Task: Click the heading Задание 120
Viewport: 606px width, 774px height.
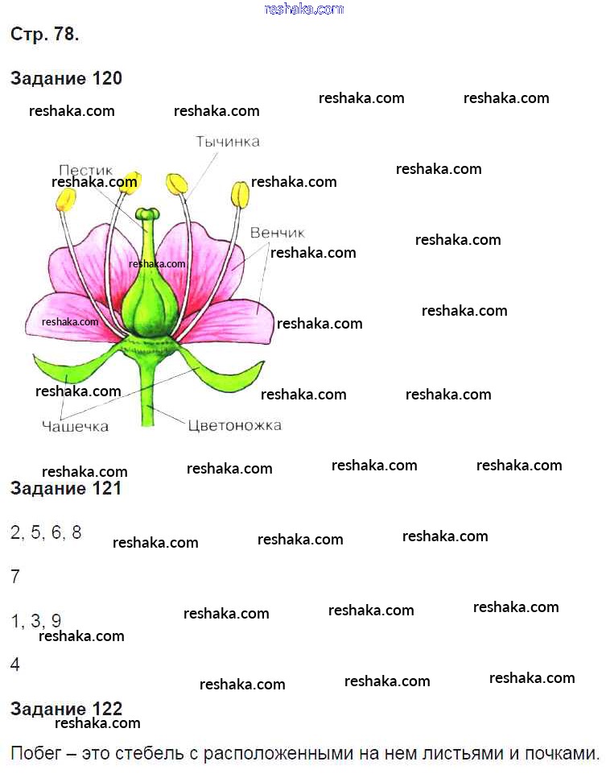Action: tap(66, 78)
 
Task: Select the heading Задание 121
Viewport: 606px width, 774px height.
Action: tap(66, 488)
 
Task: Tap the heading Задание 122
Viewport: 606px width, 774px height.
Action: tap(66, 709)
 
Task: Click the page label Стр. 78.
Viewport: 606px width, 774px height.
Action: tap(44, 35)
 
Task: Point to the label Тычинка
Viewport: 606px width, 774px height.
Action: tap(228, 142)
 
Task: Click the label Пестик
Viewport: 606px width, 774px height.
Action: tap(86, 171)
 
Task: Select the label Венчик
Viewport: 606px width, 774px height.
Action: tap(277, 233)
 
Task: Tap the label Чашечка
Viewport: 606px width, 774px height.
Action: tap(75, 426)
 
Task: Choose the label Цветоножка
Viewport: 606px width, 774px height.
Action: tap(234, 425)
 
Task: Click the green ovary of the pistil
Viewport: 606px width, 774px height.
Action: tap(150, 298)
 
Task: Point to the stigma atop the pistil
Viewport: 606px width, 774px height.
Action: tap(146, 214)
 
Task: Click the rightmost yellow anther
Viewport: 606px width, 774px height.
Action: tap(240, 195)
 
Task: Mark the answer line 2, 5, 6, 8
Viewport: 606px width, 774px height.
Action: tap(46, 532)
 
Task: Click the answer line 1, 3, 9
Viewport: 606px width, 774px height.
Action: tap(36, 621)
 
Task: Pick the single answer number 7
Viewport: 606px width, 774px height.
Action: tap(15, 577)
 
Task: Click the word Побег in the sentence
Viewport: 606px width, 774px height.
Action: tap(36, 755)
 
